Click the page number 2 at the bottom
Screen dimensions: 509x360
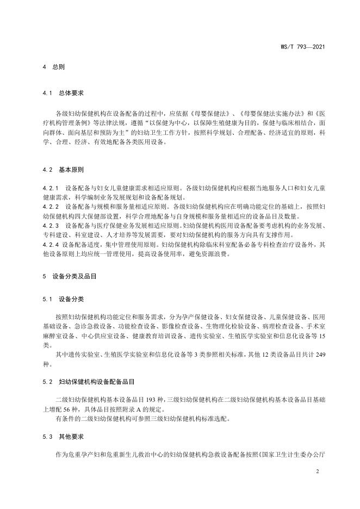coord(317,471)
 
